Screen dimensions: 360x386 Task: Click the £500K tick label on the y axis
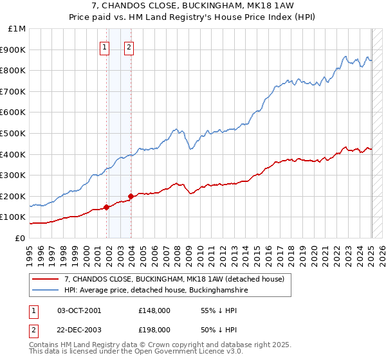[14, 133]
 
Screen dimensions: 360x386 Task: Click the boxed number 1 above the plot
[104, 46]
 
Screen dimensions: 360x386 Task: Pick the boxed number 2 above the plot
[129, 46]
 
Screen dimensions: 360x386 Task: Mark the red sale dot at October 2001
[106, 207]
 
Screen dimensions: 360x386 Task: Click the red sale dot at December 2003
[131, 196]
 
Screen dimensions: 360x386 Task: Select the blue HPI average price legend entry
[155, 290]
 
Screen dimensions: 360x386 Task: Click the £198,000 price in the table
[154, 329]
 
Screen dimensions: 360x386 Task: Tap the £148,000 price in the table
[154, 310]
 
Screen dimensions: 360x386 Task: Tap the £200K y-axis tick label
[14, 196]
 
